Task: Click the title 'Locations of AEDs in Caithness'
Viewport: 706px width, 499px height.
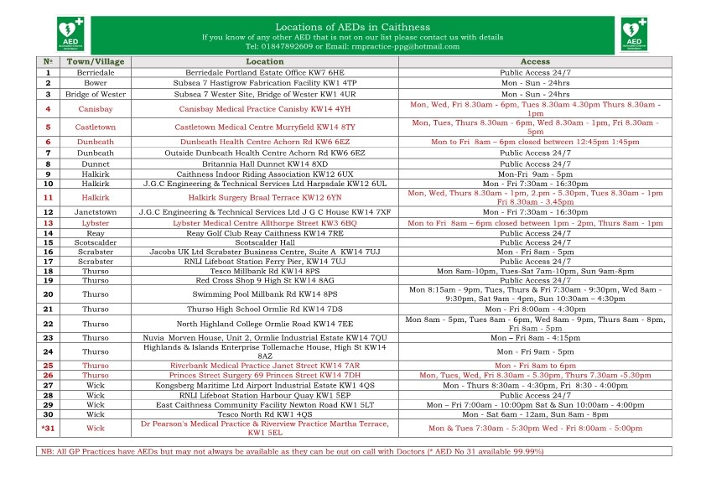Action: [352, 27]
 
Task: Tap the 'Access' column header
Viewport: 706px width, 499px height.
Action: [535, 62]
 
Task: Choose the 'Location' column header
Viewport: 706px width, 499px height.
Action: [265, 62]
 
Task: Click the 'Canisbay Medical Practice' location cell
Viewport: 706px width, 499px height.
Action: [265, 109]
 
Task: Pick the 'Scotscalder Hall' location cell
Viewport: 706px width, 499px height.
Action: [265, 242]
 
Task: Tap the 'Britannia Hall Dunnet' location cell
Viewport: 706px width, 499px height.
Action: [265, 164]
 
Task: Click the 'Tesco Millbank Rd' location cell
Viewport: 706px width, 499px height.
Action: [265, 271]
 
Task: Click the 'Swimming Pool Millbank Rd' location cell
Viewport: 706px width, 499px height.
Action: [265, 294]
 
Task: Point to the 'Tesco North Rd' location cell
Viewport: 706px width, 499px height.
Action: [265, 414]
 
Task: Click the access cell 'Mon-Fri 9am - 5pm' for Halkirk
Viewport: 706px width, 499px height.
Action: [535, 174]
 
